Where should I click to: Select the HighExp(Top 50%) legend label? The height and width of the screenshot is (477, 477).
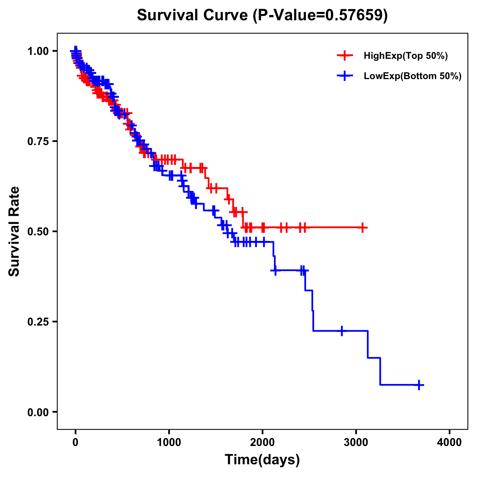405,56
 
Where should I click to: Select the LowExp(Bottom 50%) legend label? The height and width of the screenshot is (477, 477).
413,76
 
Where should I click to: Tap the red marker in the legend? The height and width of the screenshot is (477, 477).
345,56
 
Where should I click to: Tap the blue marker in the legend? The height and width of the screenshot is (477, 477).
345,76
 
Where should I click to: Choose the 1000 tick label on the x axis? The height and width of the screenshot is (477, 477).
169,442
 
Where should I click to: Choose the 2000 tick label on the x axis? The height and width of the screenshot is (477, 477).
262,442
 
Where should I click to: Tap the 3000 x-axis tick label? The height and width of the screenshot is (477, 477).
356,442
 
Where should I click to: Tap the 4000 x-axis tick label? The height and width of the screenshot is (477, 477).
450,442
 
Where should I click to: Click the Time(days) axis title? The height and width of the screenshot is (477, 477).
262,460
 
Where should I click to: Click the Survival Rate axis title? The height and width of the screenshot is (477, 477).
15,231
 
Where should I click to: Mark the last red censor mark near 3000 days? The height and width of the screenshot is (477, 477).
362,227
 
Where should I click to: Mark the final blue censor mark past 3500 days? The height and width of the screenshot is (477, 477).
419,385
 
